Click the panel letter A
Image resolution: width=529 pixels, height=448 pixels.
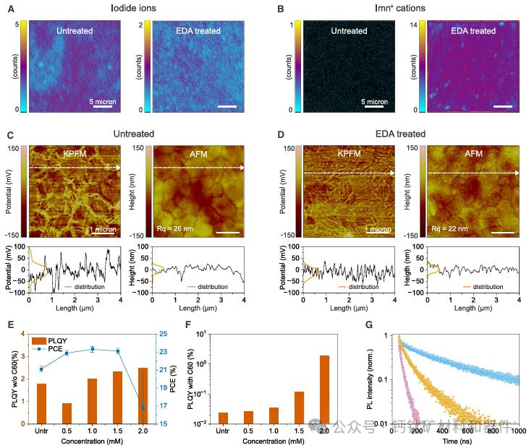[9, 10]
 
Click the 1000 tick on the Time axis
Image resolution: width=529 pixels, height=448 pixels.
[517, 431]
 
